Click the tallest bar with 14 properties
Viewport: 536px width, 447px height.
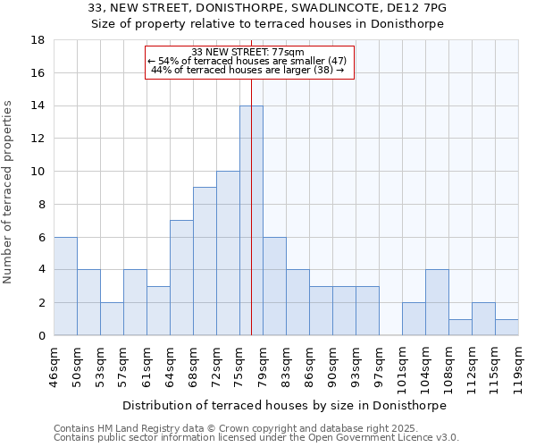click(251, 221)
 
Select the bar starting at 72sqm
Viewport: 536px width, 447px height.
click(228, 253)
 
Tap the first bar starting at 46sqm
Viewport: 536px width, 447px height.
click(65, 286)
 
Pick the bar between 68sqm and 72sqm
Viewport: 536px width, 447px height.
click(205, 261)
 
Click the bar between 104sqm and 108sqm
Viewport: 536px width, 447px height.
click(437, 302)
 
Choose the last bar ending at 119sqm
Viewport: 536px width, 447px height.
click(507, 327)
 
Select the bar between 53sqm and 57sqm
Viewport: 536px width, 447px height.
click(112, 319)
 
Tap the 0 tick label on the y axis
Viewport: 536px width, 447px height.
click(40, 336)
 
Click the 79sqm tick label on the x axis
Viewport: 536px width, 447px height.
click(264, 366)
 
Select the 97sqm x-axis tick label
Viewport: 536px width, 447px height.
click(380, 366)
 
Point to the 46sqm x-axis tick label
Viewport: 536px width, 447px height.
click(54, 366)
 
